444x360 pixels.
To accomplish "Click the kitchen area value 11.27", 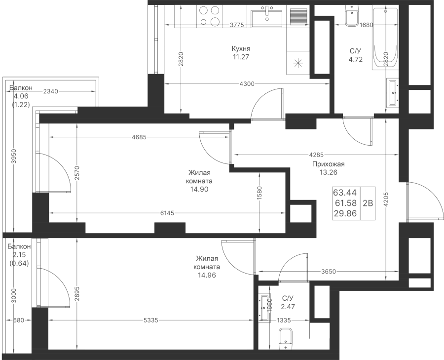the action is point(241,57).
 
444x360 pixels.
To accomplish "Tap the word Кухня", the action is point(241,48).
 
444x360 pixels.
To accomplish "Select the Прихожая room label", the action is point(329,164).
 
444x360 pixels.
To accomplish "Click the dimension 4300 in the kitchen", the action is point(247,83).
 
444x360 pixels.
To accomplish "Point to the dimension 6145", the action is point(167,213).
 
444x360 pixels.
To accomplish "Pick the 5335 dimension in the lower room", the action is point(150,320).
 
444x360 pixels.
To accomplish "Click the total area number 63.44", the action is point(345,193).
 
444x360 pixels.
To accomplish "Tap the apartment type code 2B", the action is point(368,203).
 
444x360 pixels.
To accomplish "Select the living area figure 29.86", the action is point(345,213).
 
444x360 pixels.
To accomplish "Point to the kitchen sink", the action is point(267,17).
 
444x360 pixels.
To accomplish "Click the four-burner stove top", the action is point(210,16).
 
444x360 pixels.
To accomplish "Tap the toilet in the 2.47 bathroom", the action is point(286,339).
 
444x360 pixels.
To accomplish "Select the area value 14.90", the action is point(199,189).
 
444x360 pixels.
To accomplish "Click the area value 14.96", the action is point(207,275).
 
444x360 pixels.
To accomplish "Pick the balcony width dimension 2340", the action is point(51,91).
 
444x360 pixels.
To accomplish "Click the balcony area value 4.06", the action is point(21,96).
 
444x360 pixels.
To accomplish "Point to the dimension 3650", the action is point(329,272).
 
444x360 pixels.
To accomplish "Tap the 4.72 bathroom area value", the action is point(356,60).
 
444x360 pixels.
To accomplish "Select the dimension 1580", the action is point(259,193).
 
